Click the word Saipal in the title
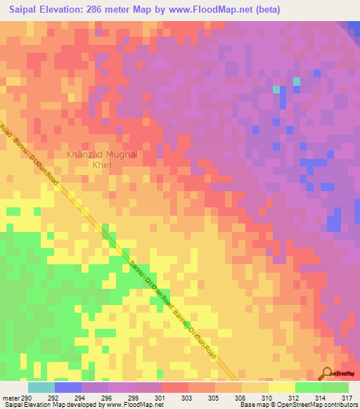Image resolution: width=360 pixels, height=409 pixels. coord(20,10)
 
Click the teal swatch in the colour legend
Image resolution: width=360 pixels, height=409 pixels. coord(41,387)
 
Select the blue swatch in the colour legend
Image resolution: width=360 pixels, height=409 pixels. coord(68,387)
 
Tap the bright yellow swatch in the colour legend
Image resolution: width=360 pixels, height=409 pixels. coord(281,387)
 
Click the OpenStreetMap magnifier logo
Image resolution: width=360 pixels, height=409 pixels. coord(328,372)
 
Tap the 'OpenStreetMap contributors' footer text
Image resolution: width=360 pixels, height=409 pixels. coord(323,405)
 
